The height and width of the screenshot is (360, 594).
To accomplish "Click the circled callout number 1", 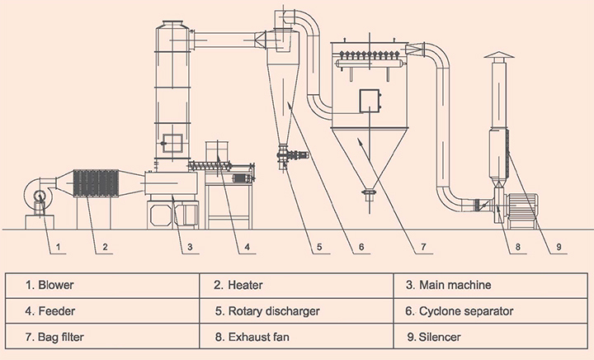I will (59, 246).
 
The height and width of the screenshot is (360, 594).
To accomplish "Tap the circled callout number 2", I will (105, 246).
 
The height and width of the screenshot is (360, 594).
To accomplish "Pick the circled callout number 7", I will (422, 246).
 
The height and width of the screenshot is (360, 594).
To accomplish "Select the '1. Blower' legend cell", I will (104, 285).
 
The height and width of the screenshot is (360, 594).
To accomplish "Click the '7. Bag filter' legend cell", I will (104, 338).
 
